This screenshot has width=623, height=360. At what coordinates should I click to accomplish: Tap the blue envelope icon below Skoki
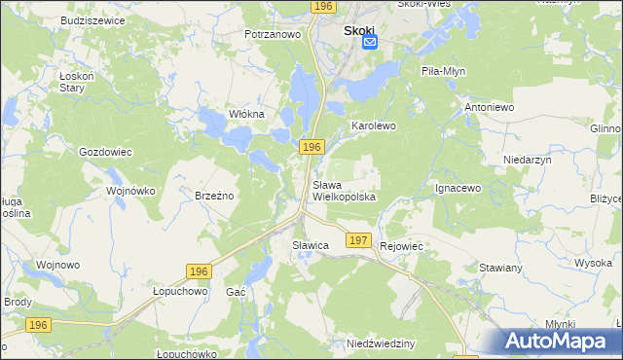coord(370,42)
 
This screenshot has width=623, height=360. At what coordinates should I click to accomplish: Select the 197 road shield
coord(357,240)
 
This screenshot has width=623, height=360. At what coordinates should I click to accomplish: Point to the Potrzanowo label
coord(272,34)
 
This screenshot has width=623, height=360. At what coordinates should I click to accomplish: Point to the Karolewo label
coord(373,126)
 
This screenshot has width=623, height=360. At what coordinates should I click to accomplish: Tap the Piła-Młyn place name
coord(446,72)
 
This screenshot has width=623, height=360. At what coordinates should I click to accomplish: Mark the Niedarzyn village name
coord(528,159)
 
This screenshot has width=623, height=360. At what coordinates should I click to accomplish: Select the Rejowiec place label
coord(402,246)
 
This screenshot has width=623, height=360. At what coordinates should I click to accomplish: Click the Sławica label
coord(311,246)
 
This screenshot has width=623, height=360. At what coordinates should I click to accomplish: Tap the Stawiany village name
coord(502,267)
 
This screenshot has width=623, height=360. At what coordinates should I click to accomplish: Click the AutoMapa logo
coord(563,342)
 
